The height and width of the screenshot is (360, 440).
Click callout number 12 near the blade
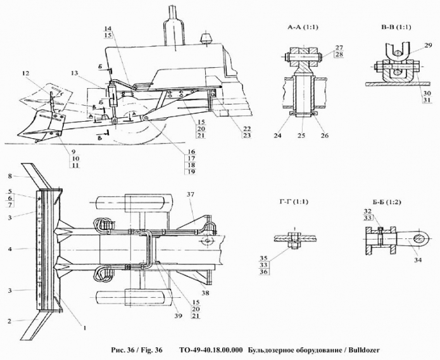point(25,74)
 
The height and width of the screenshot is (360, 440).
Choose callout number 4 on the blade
point(9,249)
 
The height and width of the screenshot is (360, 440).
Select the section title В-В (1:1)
point(397,28)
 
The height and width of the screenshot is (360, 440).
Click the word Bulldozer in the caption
point(361,350)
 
